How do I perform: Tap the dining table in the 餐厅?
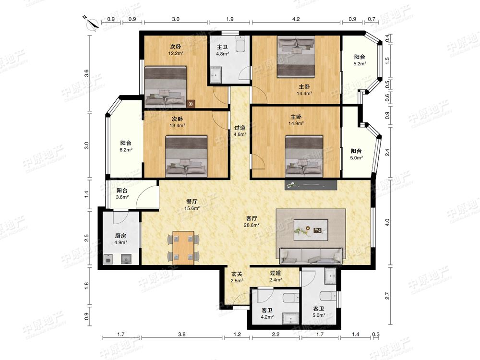pyautogui.click(x=183, y=248)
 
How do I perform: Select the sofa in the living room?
pyautogui.click(x=311, y=256)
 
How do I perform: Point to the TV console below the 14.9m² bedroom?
pyautogui.click(x=311, y=185)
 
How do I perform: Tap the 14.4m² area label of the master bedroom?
pyautogui.click(x=304, y=94)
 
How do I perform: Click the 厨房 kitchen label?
pyautogui.click(x=120, y=236)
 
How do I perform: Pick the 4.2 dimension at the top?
pyautogui.click(x=296, y=19)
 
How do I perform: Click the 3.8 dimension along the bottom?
pyautogui.click(x=182, y=334)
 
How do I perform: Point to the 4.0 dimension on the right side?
pyautogui.click(x=387, y=222)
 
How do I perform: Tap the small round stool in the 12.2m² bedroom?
pyautogui.click(x=191, y=104)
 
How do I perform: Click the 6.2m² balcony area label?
pyautogui.click(x=126, y=150)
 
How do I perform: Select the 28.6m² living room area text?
pyautogui.click(x=252, y=225)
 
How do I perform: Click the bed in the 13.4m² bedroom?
pyautogui.click(x=186, y=157)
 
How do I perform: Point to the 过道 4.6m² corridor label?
pyautogui.click(x=240, y=131)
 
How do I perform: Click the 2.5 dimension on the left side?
pyautogui.click(x=86, y=238)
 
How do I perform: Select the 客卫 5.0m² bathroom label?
pyautogui.click(x=319, y=312)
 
